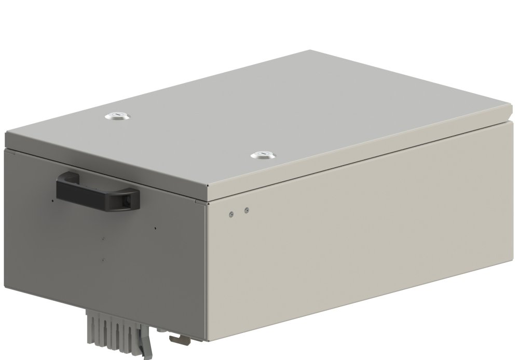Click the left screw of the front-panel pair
231,212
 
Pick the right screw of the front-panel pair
247,210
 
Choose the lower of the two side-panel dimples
104,259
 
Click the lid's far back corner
310,50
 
